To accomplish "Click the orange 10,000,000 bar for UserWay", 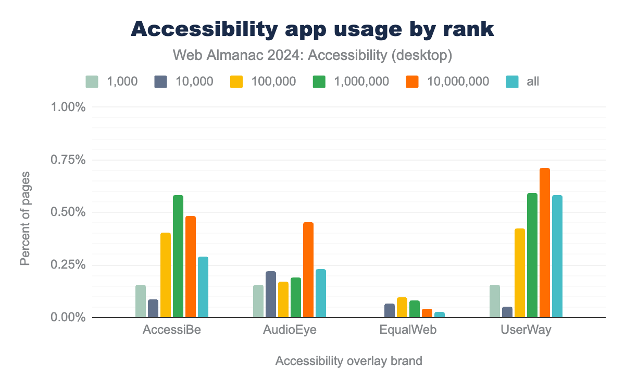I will pyautogui.click(x=545, y=243).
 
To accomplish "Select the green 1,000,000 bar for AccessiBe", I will pyautogui.click(x=178, y=256).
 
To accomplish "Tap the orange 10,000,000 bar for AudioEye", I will pyautogui.click(x=308, y=270).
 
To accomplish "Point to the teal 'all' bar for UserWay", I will pyautogui.click(x=557, y=256).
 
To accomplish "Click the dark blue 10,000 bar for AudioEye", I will pyautogui.click(x=271, y=294).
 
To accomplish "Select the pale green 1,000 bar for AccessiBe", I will pyautogui.click(x=141, y=301).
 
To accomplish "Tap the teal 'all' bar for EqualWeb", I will pyautogui.click(x=440, y=315).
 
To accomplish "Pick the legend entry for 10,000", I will pyautogui.click(x=184, y=81).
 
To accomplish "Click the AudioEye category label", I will pyautogui.click(x=290, y=331).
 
